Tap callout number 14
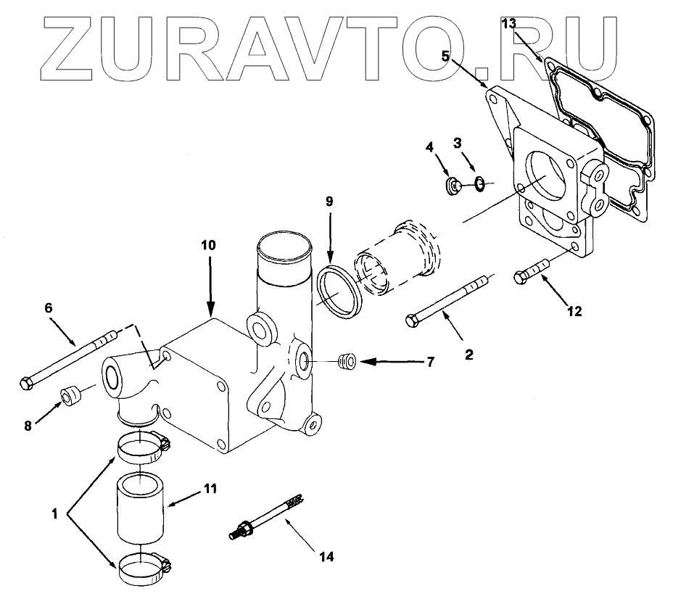(x=326, y=557)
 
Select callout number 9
(x=329, y=202)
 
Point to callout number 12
(x=575, y=313)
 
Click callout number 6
(x=49, y=309)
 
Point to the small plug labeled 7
(x=347, y=359)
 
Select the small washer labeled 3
(x=479, y=184)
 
